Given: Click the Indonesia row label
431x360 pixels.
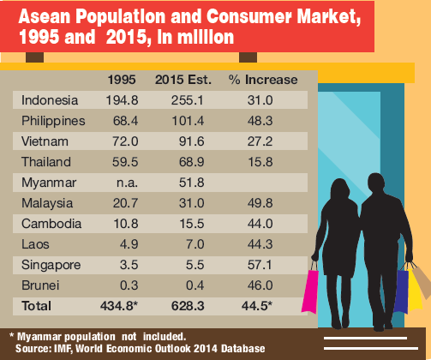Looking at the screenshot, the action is [50, 100].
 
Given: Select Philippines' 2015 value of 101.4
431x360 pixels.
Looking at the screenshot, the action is [188, 121].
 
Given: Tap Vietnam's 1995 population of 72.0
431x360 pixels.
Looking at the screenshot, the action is [125, 141].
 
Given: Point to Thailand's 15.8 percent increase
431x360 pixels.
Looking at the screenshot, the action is [260, 162].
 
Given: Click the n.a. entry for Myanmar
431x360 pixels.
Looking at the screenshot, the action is [127, 183].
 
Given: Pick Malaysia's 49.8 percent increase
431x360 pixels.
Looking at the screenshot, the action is [260, 203].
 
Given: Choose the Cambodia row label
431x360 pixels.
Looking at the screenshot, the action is [51, 224].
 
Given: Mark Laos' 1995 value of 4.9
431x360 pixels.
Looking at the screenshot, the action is [129, 244].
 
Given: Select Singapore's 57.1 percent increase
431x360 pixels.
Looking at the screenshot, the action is [260, 265].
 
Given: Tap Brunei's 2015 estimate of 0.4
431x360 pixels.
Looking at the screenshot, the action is [195, 285].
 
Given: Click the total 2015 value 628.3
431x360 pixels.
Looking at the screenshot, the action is [188, 306].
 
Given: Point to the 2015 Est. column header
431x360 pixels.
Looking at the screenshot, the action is [183, 80].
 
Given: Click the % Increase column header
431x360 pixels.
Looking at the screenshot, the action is [263, 80].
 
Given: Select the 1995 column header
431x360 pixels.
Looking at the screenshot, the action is [122, 80].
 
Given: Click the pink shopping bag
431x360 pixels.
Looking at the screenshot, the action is [310, 291].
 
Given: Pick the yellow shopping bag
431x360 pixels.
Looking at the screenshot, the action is [415, 289].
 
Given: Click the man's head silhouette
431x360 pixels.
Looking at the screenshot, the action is [376, 183].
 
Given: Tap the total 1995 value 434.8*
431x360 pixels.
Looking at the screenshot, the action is [119, 306].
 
